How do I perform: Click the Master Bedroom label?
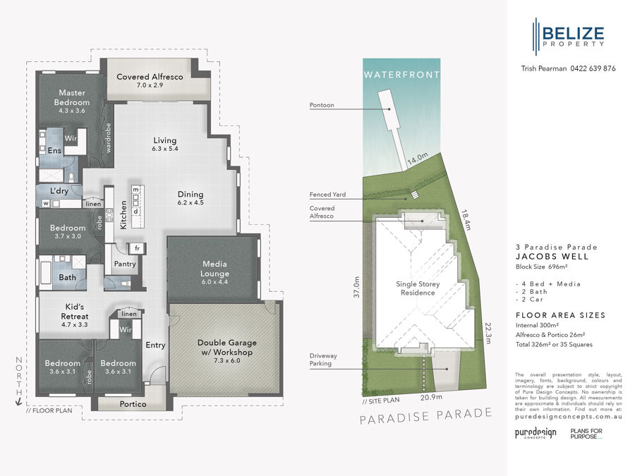pyautogui.click(x=71, y=97)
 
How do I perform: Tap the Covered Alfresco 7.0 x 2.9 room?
pyautogui.click(x=150, y=80)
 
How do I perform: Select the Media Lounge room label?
pyautogui.click(x=214, y=268)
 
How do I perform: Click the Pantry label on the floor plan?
pyautogui.click(x=125, y=264)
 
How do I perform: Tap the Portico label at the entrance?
pyautogui.click(x=133, y=404)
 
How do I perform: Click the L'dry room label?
pyautogui.click(x=59, y=191)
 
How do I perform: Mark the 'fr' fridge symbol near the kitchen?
pyautogui.click(x=138, y=248)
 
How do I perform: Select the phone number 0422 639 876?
pyautogui.click(x=589, y=68)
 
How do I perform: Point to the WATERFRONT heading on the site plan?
pyautogui.click(x=401, y=74)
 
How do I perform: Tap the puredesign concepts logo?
pyautogui.click(x=533, y=432)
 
